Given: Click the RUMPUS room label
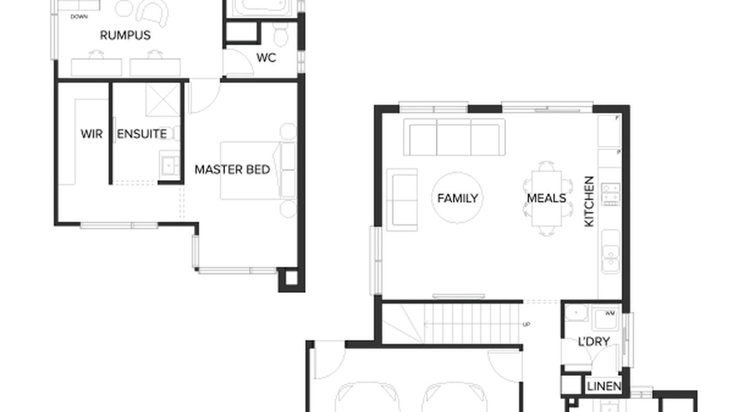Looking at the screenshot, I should [x=125, y=35].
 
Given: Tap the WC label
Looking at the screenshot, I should [x=266, y=58].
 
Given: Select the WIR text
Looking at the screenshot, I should [x=91, y=134].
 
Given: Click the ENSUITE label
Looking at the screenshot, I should [x=142, y=134].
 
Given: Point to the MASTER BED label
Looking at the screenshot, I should [x=232, y=169].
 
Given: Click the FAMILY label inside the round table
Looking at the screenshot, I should [x=457, y=198].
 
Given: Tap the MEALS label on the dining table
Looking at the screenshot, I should [x=547, y=198].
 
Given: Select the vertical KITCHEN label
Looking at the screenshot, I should [x=589, y=201].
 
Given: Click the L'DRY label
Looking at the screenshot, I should [x=594, y=342].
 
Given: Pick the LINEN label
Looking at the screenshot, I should [x=604, y=386].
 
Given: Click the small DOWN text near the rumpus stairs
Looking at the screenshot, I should [x=79, y=17].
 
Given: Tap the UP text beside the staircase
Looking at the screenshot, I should [x=526, y=324].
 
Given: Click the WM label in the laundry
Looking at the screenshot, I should [x=610, y=314].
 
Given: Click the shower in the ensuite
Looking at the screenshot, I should [x=162, y=99].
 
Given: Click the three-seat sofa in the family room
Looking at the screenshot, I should [x=454, y=137].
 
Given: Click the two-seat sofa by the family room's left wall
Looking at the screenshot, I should [x=402, y=200].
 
